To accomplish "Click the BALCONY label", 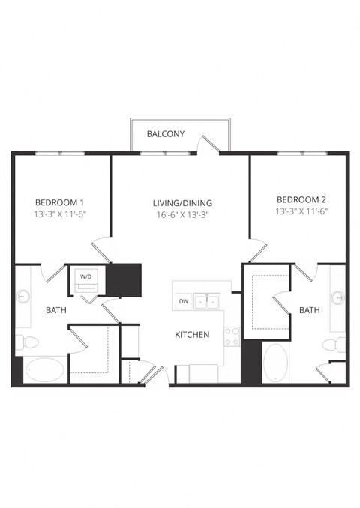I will (166, 133).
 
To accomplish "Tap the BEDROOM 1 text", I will (60, 202).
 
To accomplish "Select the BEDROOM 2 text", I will (301, 199).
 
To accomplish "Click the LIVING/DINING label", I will (182, 202).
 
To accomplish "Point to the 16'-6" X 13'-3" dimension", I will (182, 214).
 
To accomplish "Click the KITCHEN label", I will (192, 334).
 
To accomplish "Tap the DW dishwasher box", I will (183, 302).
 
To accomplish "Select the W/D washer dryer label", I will (85, 276).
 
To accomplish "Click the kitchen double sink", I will (206, 302).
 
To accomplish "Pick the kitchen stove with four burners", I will (232, 336).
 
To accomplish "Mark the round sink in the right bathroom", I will (338, 297).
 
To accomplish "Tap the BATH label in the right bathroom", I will (310, 309).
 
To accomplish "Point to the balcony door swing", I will (208, 144).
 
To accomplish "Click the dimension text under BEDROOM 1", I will (60, 214).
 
